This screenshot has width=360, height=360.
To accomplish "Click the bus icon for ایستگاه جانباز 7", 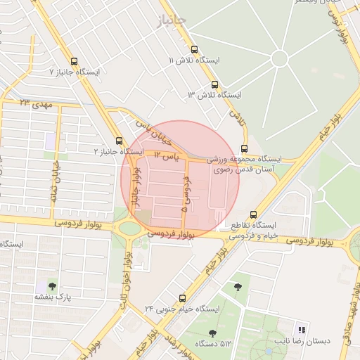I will pos(76,61).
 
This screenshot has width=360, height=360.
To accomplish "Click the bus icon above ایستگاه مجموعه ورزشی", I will pos(244,148).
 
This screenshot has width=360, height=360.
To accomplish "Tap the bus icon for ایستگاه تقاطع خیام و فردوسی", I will pos(253,214).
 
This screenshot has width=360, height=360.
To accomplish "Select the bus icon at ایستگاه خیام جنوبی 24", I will pos(182,297).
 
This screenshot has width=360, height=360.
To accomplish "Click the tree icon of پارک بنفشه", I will pos(51,285).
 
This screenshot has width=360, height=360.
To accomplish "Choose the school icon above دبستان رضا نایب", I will pos(302,330).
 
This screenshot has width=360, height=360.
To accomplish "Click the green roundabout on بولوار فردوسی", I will pos(130,229).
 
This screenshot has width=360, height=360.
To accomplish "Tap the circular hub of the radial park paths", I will pos(279,58).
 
